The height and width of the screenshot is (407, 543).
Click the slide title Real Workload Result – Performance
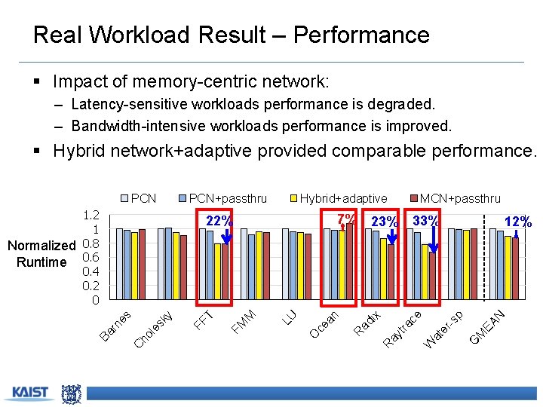point(232,35)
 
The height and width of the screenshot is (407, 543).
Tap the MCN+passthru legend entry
point(454,198)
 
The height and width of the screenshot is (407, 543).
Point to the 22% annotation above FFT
point(219,221)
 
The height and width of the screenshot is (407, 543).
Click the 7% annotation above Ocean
point(346,219)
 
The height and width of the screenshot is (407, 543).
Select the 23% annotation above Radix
point(385,222)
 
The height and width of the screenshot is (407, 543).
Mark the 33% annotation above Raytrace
point(425,221)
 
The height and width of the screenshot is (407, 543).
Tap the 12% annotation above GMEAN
point(518,222)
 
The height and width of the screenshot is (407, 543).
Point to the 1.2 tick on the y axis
point(91,215)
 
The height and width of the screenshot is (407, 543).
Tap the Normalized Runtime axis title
point(41,253)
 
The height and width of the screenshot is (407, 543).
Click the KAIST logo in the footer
point(29,393)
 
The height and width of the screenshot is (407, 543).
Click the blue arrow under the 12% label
point(516,233)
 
